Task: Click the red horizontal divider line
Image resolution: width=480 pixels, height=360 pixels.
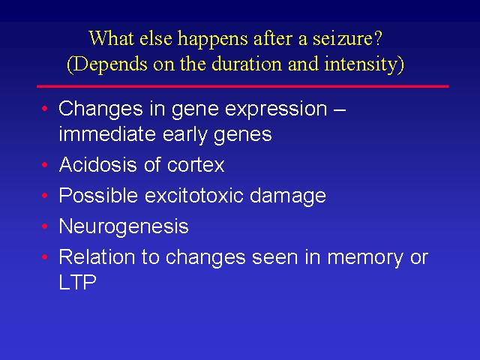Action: point(243,87)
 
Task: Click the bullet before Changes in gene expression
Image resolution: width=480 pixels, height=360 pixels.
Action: point(45,108)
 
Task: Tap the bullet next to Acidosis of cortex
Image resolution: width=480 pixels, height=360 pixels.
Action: point(45,165)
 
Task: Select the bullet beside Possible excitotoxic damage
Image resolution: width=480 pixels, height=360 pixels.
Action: point(45,195)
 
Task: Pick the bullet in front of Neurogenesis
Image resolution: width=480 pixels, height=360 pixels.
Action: point(45,226)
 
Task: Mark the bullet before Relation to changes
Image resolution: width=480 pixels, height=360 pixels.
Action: point(45,256)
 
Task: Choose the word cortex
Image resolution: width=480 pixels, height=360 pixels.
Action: point(196,165)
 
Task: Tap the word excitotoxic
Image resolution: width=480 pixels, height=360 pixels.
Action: point(193,195)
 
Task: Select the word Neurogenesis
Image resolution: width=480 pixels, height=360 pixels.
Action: point(124,226)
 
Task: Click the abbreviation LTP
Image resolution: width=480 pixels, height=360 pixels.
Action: point(77,282)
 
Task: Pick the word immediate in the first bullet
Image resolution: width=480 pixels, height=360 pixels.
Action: point(107,133)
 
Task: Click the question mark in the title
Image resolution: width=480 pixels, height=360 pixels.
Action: point(378,38)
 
